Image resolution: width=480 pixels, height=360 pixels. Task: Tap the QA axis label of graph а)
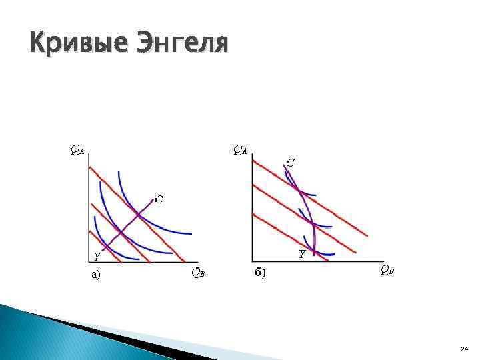[x=77, y=150]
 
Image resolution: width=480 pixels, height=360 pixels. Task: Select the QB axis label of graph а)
[x=197, y=272]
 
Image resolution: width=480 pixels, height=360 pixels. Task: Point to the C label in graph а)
[x=159, y=199]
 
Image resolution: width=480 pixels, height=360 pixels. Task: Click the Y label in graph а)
[x=97, y=256]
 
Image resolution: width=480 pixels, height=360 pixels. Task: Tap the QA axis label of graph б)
[x=239, y=150]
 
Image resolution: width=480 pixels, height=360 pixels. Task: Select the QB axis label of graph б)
[x=386, y=269]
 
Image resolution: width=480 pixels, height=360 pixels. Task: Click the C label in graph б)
[x=291, y=162]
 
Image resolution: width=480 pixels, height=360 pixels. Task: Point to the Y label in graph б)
[x=301, y=254]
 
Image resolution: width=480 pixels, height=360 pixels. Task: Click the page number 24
[x=464, y=349]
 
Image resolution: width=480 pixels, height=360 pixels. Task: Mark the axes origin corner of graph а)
[x=89, y=261]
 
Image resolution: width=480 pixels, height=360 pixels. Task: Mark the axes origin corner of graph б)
[x=252, y=261]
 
